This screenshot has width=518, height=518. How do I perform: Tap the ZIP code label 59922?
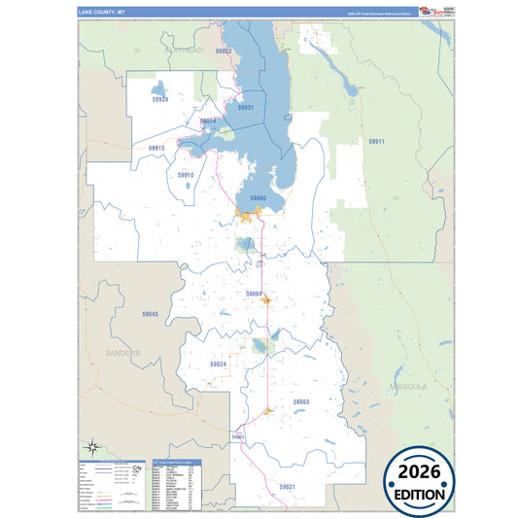click(224, 51)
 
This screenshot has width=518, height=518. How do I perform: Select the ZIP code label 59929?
click(159, 99)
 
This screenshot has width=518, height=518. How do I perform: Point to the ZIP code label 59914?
click(208, 121)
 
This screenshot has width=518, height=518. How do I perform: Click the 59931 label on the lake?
click(246, 108)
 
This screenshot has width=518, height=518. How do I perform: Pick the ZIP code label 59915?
click(157, 148)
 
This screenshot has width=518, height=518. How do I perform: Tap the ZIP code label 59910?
click(186, 175)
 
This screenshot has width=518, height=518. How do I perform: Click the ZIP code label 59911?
click(376, 142)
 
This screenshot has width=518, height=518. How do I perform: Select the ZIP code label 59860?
click(258, 197)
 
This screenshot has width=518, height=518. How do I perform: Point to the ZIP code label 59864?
click(254, 293)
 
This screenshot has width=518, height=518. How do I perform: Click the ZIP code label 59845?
click(149, 314)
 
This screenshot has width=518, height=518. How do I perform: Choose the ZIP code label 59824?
click(218, 363)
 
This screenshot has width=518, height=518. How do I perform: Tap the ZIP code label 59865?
click(301, 400)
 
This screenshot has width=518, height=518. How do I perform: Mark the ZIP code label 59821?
click(287, 485)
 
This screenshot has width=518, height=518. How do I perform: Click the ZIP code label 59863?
click(238, 437)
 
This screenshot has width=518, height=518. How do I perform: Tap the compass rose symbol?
click(91, 447)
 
